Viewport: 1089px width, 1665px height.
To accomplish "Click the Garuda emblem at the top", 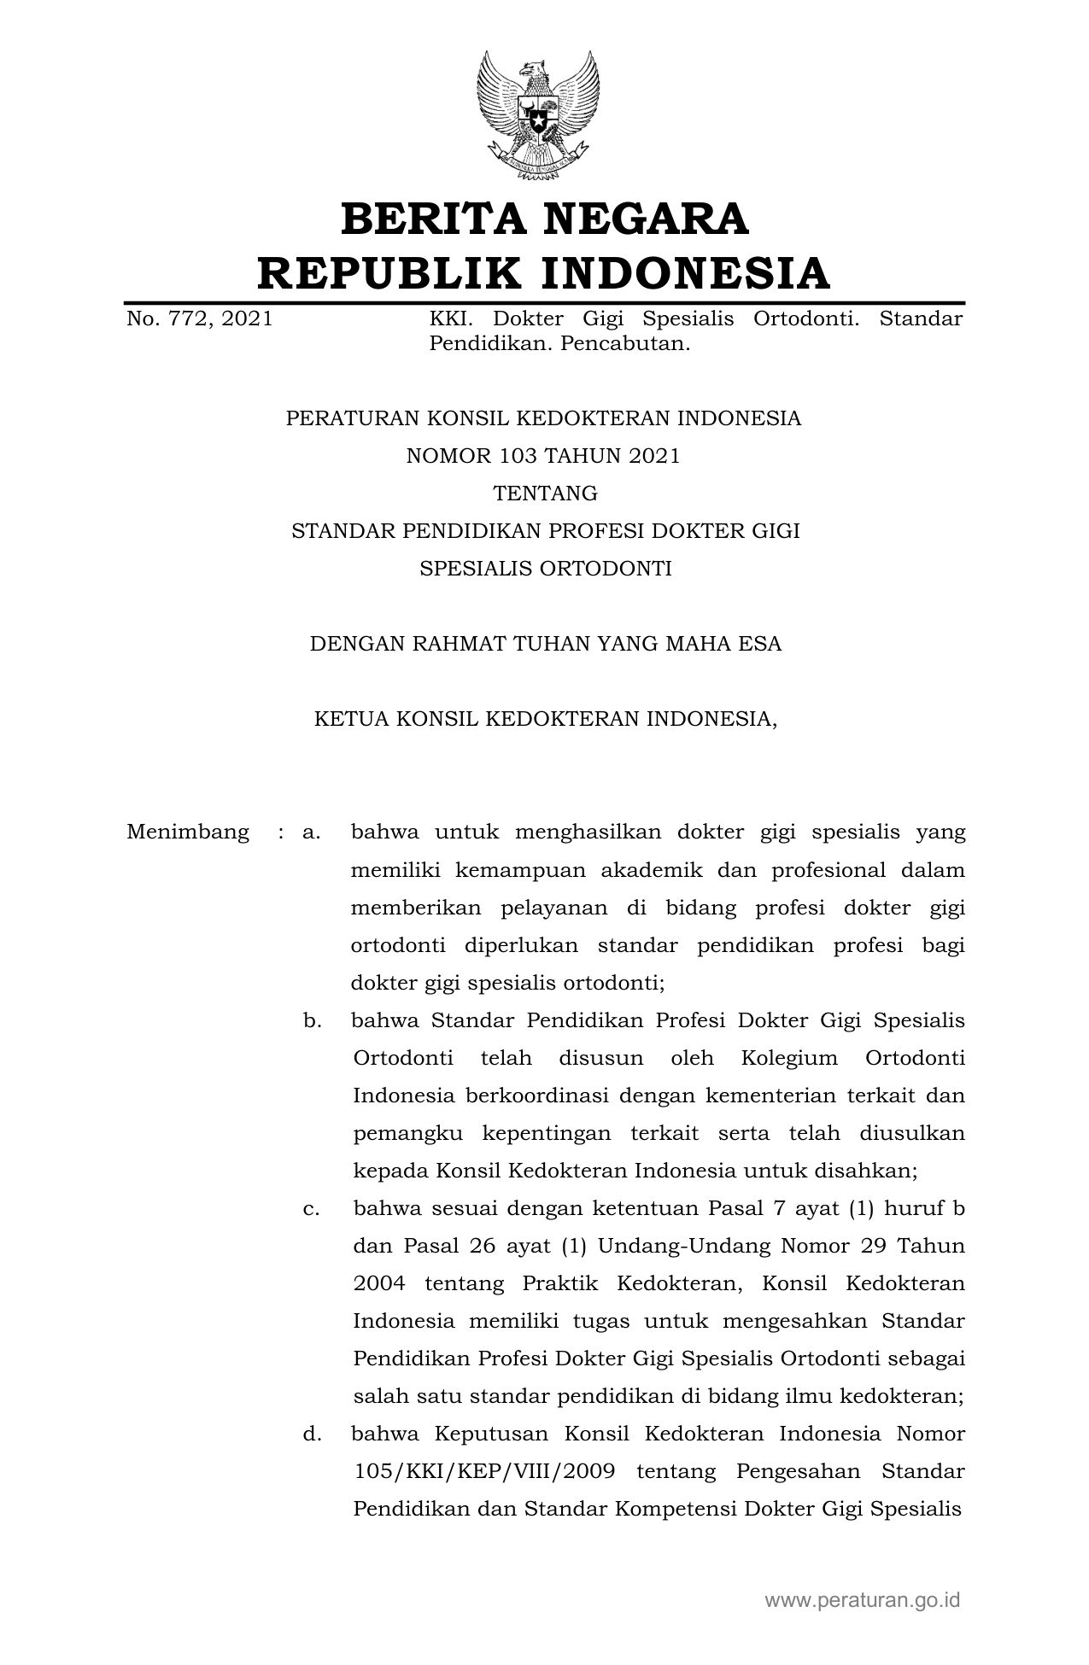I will pyautogui.click(x=537, y=116).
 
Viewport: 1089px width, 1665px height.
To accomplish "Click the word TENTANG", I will pyautogui.click(x=545, y=494).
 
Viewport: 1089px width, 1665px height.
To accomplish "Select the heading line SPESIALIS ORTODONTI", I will pyautogui.click(x=545, y=569).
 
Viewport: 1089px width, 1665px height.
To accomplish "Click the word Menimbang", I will pyautogui.click(x=188, y=832).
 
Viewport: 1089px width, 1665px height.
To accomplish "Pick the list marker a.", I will pyautogui.click(x=311, y=832).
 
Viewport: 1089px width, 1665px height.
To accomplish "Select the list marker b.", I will pyautogui.click(x=311, y=1020).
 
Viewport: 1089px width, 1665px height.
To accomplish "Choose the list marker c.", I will pyautogui.click(x=311, y=1208).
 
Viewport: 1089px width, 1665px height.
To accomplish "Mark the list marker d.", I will pyautogui.click(x=311, y=1434).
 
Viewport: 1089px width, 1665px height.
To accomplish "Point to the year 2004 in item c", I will pyautogui.click(x=379, y=1283).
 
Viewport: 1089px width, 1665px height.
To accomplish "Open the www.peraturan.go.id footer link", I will pyautogui.click(x=862, y=1599).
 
